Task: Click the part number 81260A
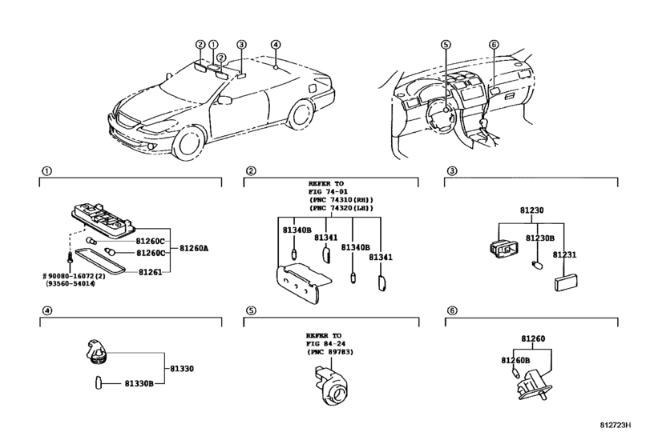point(194,249)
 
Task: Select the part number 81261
point(150,272)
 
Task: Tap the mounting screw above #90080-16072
point(69,258)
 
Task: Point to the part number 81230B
point(540,238)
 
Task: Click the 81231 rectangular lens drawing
point(567,282)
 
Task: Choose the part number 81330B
point(139,384)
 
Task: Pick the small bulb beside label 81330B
point(99,382)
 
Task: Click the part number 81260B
point(515,361)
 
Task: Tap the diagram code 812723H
point(616,426)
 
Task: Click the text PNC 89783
point(330,352)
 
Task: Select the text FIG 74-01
point(328,191)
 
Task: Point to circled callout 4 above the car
point(276,45)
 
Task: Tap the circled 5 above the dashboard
point(446,45)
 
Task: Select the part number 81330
point(182,369)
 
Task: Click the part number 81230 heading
point(532,210)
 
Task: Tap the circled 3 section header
point(452,171)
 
